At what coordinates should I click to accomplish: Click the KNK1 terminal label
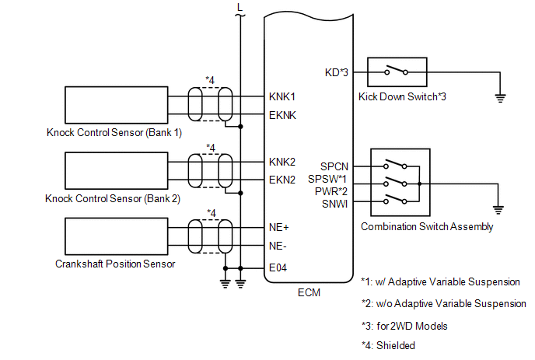281,97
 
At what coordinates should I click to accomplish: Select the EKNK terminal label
282,115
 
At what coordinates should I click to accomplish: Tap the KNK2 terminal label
281,162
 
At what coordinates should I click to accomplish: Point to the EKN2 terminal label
281,180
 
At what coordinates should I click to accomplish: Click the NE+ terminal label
278,227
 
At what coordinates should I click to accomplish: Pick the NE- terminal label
278,246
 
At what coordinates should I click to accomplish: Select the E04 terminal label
278,268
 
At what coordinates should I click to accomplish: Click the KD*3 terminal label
337,72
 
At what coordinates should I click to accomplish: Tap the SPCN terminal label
334,166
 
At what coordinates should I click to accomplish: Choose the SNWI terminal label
334,204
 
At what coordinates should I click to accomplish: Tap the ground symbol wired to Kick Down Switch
500,98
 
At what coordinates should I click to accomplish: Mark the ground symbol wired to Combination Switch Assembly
498,210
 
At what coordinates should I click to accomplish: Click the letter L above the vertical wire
240,7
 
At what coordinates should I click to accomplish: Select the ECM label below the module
309,293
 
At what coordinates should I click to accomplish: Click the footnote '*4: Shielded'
388,346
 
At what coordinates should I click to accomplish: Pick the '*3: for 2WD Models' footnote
404,327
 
